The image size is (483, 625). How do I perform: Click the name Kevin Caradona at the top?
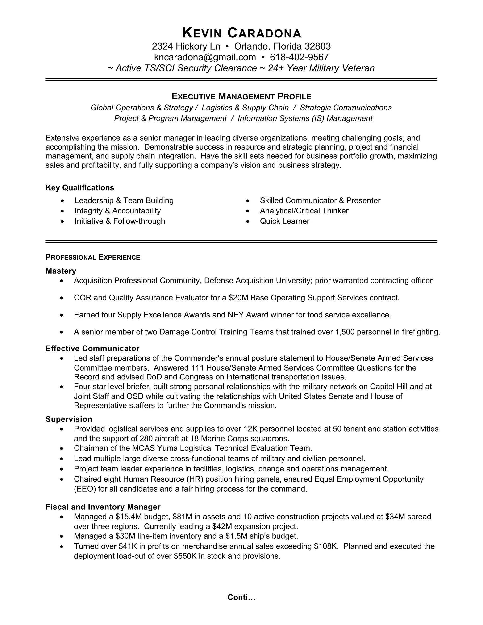pos(241,33)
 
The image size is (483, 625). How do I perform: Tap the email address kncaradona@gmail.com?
pos(205,57)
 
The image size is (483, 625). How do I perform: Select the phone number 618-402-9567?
pos(299,57)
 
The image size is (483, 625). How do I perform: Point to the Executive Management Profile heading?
pos(241,96)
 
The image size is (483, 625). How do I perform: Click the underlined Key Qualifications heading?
pos(80,188)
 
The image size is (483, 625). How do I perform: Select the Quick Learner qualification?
pos(284,221)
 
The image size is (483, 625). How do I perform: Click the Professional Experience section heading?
pos(93,257)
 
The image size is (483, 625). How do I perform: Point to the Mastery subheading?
pos(61,271)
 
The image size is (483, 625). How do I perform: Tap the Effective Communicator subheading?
pos(92,348)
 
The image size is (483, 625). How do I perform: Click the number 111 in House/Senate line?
pos(197,367)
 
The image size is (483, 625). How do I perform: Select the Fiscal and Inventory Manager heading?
pos(103,507)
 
